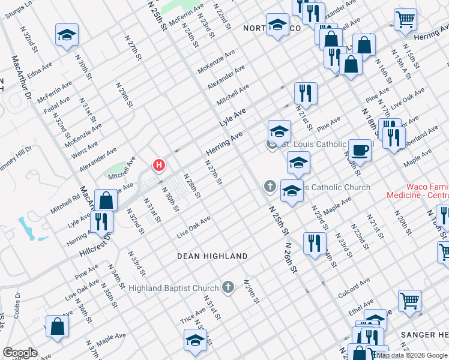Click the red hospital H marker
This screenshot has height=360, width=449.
159,164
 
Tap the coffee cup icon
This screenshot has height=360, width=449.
360,150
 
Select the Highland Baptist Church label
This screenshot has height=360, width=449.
173,288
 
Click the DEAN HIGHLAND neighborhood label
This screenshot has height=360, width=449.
212,256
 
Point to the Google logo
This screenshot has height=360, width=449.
20,352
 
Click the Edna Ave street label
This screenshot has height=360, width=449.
40,71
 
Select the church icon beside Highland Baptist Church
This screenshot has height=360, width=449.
228,288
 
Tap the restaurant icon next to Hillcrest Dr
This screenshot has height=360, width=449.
101,221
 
